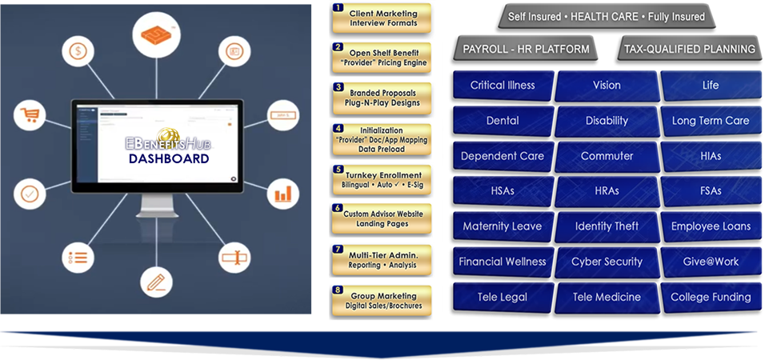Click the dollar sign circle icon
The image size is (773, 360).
coord(78,52)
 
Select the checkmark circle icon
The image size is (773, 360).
coord(30,194)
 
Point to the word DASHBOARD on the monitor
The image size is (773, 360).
coord(168,158)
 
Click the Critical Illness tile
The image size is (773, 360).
coord(502,86)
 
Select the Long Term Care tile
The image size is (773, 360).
coord(711,121)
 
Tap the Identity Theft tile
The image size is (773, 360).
coord(605,226)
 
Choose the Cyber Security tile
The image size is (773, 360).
coord(606,262)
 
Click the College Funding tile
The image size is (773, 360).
coord(711,297)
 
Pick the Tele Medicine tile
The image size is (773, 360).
coord(606,297)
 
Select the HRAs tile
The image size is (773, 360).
coord(606,191)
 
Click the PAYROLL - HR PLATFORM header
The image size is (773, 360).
coord(526,50)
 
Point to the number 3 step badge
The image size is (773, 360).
coord(338,87)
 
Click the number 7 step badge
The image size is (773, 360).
coord(338,250)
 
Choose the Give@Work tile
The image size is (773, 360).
coord(711,262)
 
